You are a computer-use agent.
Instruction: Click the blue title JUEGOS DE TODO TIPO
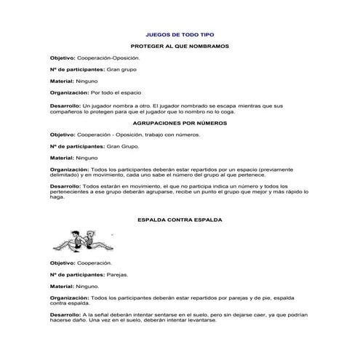180,34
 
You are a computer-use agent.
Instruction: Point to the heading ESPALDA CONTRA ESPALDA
180,218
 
